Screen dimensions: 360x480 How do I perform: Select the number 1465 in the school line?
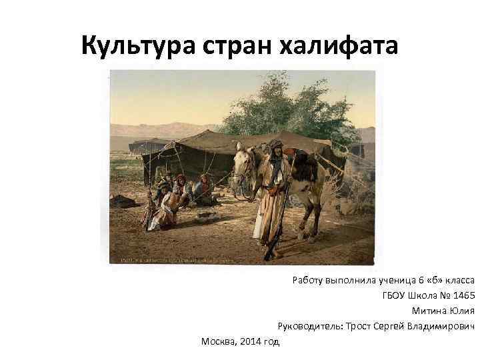(461, 295)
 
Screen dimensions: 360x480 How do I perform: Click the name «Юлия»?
(462, 311)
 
